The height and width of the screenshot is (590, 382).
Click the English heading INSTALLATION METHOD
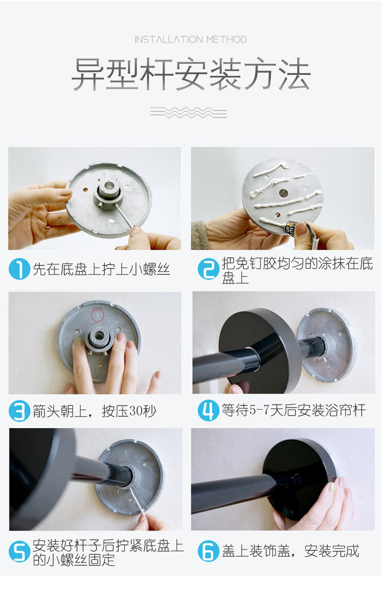[191, 40]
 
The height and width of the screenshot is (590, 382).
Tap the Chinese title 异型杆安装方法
[191, 74]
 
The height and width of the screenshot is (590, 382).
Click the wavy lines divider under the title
[189, 113]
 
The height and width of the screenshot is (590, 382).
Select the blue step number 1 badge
[19, 268]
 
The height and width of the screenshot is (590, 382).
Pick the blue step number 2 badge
[208, 268]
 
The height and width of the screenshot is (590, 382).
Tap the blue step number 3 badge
[19, 411]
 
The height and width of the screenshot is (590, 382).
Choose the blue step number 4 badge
[208, 410]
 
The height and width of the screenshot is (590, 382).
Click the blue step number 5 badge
[19, 551]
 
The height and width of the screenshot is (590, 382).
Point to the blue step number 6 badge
[208, 551]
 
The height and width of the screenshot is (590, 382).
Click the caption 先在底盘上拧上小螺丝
[101, 269]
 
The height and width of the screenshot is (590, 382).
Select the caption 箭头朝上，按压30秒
[94, 411]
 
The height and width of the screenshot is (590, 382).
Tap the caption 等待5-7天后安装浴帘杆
[294, 410]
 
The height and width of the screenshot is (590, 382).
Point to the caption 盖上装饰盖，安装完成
[290, 551]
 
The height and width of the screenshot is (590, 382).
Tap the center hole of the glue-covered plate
[283, 193]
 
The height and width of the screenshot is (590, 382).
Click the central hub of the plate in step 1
[109, 195]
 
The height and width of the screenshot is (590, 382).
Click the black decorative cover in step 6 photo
[299, 479]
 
